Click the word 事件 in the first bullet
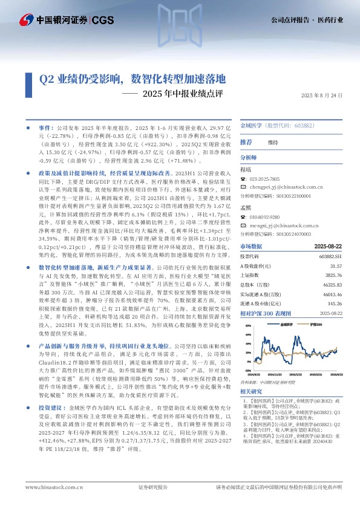click(x=46, y=129)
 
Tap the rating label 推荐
click(x=246, y=141)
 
